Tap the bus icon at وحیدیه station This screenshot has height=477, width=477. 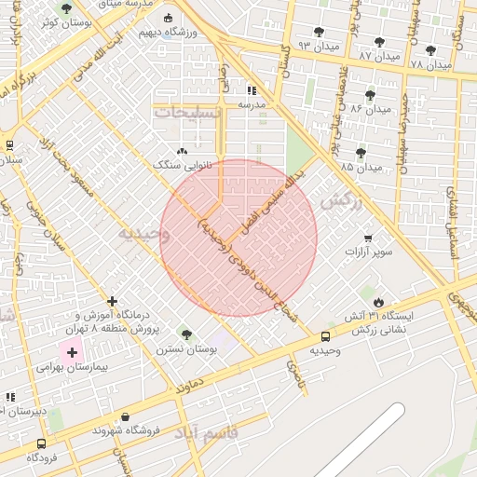point(325,336)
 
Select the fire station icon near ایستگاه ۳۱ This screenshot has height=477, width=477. point(378,302)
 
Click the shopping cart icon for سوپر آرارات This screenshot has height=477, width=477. point(369,238)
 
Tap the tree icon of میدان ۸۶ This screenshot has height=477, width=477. point(370,95)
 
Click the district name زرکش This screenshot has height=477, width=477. point(339,201)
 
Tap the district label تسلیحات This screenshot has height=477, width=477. point(190,111)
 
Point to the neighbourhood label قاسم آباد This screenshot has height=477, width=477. point(232,433)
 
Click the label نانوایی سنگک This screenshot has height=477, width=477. point(181,164)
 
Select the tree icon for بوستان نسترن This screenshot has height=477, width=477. point(186,334)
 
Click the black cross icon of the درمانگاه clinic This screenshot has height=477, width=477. point(113,301)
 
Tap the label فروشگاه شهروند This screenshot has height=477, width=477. point(127,430)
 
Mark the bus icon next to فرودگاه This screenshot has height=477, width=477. point(40,443)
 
